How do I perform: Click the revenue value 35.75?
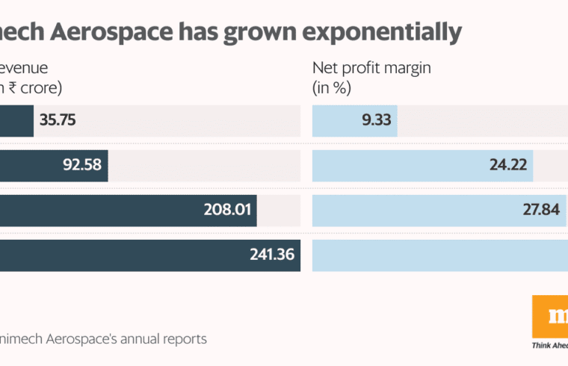[x=58, y=120]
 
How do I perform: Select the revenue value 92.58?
[x=82, y=165]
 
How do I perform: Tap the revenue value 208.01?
[x=228, y=210]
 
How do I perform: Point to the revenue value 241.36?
[x=271, y=255]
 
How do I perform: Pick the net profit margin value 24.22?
[x=508, y=165]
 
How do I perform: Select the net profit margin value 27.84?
[x=541, y=210]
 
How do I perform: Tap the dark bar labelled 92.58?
[x=30, y=165]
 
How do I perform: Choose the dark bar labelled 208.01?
[x=97, y=210]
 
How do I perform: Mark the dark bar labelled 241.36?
[x=120, y=255]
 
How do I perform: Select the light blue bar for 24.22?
[x=396, y=165]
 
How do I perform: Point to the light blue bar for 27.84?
[x=411, y=210]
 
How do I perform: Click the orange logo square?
[x=550, y=316]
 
